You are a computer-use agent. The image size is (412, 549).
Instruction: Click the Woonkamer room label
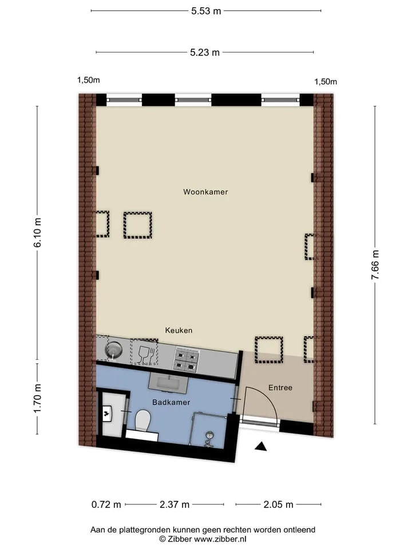(x=205, y=192)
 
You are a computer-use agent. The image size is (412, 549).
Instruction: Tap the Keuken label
(x=179, y=330)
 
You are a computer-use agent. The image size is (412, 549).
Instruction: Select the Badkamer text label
(x=171, y=402)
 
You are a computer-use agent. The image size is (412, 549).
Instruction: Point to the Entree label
(x=280, y=388)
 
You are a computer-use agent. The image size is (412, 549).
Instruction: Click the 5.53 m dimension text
(x=206, y=11)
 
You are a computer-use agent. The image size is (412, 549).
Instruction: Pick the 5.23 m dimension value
(x=205, y=53)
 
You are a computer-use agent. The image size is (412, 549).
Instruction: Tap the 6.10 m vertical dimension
(x=38, y=233)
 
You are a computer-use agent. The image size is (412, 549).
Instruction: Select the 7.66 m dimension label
(x=375, y=265)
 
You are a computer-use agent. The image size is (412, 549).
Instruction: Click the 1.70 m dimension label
(x=38, y=398)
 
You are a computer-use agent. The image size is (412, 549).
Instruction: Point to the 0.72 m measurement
(x=106, y=504)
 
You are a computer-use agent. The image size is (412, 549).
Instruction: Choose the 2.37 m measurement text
(x=175, y=504)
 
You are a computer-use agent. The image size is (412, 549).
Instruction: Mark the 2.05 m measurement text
(x=279, y=504)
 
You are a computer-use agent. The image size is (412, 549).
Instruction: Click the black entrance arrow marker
(x=260, y=447)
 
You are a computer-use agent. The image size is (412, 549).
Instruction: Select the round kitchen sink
(x=113, y=349)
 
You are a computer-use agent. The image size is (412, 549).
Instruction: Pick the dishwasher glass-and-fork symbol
(x=144, y=352)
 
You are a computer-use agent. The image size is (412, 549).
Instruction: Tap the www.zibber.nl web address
(x=220, y=539)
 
